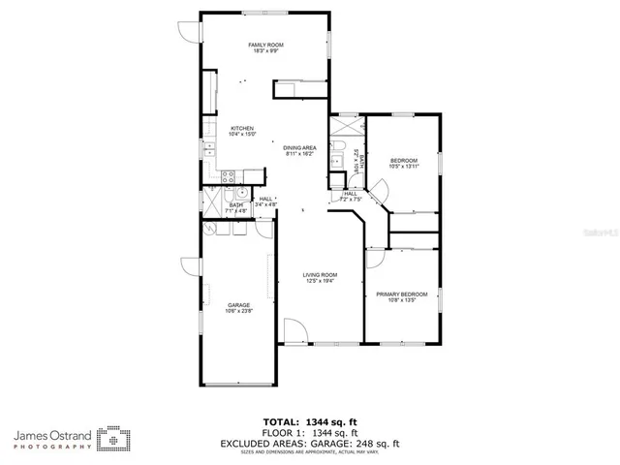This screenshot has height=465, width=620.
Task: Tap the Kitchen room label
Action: tap(241, 132)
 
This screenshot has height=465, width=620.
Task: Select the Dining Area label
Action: tap(300, 150)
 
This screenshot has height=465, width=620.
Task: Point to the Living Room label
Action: tap(321, 278)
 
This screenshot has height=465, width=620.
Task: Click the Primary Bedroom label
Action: tap(401, 296)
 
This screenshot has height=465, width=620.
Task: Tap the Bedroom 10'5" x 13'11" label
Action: tap(404, 163)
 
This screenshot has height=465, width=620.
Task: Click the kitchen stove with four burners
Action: tap(229, 176)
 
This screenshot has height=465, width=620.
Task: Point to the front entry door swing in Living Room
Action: tap(295, 330)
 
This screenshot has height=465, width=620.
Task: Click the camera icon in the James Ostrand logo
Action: tap(117, 440)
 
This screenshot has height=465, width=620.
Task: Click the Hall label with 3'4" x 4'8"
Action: tap(265, 202)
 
